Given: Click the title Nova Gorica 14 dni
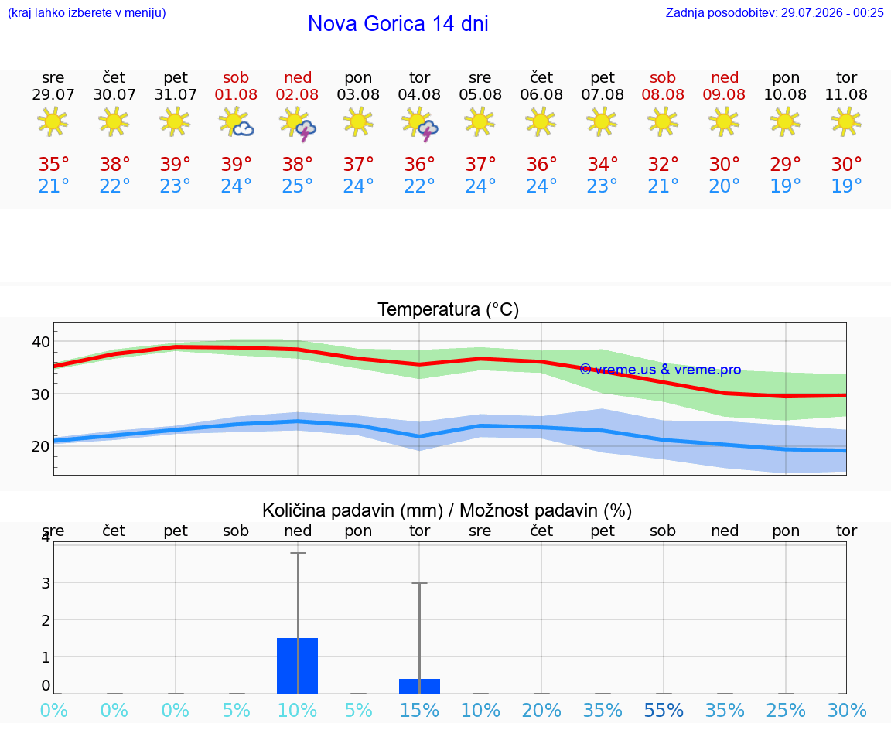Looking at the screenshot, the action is (x=398, y=24).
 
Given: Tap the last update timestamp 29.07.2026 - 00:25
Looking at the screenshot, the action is (x=832, y=12).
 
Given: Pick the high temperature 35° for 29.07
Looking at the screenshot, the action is (x=53, y=164).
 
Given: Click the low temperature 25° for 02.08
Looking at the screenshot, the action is (x=297, y=186).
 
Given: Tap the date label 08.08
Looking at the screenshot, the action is (x=663, y=95).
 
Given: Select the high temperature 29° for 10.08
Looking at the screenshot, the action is (x=785, y=164).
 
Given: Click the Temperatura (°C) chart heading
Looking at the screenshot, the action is (x=449, y=309).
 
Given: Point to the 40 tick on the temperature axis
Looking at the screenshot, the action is (x=41, y=342).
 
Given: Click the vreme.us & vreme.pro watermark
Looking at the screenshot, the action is (x=661, y=370).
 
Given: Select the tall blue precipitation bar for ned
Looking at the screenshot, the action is (x=297, y=666).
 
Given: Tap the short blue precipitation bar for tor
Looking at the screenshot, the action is (x=419, y=687).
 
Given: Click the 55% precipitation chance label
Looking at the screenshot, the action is (x=663, y=710).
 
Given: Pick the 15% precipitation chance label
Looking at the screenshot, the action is (x=419, y=710).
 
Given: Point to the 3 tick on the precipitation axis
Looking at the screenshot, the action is (x=46, y=583).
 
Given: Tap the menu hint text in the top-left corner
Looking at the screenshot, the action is (x=87, y=12).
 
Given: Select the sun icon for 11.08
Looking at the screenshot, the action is (x=846, y=121).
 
